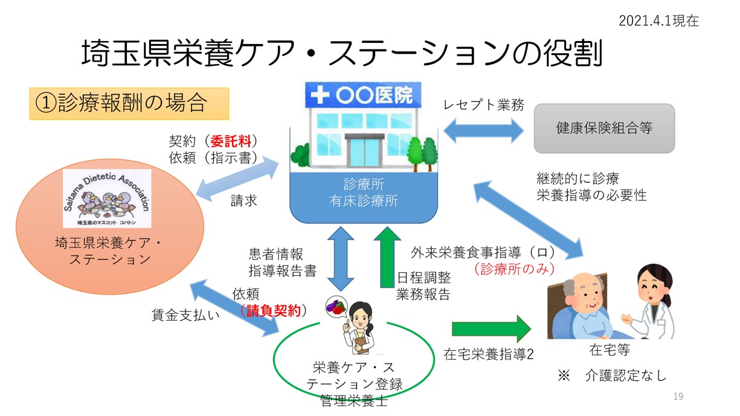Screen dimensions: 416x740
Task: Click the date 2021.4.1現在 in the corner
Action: tap(658, 21)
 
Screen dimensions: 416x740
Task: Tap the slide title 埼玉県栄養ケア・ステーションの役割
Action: tap(342, 54)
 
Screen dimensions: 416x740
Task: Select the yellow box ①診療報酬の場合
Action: tap(129, 103)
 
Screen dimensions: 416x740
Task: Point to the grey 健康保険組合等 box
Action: tap(603, 128)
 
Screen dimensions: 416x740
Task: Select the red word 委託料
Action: tap(230, 141)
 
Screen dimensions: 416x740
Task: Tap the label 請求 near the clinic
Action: tap(243, 200)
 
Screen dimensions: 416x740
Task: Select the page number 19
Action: tap(678, 396)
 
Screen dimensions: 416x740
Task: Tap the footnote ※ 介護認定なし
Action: tap(611, 376)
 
